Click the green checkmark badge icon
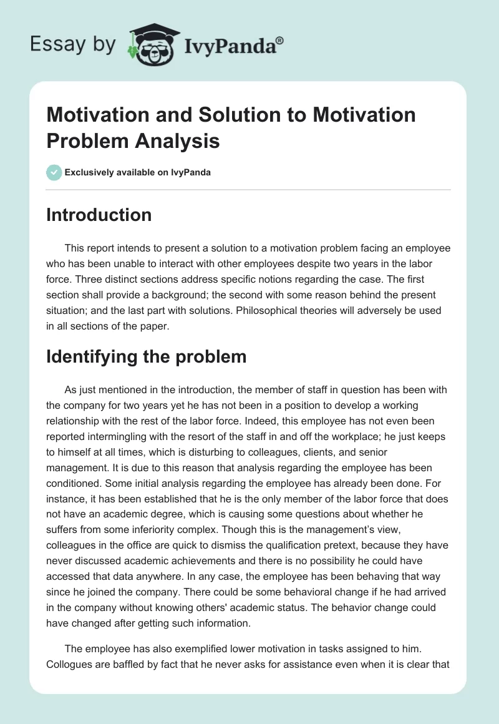(54, 172)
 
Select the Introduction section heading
(99, 215)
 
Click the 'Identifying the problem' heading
(147, 356)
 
